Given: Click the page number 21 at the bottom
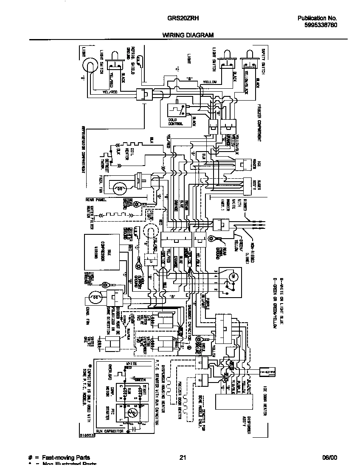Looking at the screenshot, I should pos(183,458).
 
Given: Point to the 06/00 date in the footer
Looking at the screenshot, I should pos(329,458).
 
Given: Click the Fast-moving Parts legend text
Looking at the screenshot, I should pos(66,458).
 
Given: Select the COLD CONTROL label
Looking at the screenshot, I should pos(176,122).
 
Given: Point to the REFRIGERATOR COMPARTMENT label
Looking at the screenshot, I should pos(83,149).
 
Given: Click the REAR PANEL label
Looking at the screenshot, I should pos(96,199).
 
